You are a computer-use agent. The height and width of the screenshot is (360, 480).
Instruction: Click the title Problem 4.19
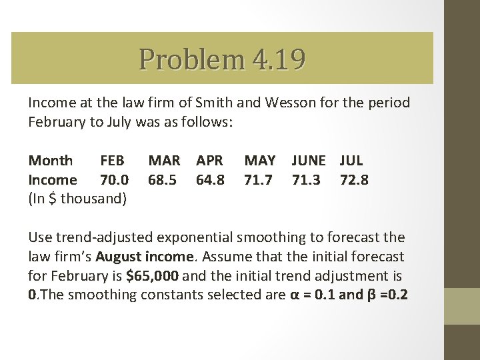(222, 59)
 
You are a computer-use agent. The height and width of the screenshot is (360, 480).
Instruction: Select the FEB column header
(112, 161)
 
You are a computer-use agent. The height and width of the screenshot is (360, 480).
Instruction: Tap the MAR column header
(164, 161)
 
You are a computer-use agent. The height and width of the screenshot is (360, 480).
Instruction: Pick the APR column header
(210, 161)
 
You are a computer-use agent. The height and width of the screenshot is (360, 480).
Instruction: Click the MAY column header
(260, 161)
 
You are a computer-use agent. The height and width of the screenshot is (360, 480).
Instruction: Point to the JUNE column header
(309, 161)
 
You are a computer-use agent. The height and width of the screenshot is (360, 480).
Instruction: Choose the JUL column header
(351, 161)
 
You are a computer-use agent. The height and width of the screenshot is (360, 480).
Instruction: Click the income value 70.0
(113, 180)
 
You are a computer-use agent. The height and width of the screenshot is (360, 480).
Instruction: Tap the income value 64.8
(210, 180)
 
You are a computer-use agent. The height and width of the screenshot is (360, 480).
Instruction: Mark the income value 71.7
(259, 180)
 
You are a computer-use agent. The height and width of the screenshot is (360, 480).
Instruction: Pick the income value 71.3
(306, 180)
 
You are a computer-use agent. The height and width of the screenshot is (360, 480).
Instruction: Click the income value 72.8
(354, 180)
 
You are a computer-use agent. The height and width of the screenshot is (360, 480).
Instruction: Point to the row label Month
(51, 161)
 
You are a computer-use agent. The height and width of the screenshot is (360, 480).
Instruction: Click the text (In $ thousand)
(77, 199)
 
